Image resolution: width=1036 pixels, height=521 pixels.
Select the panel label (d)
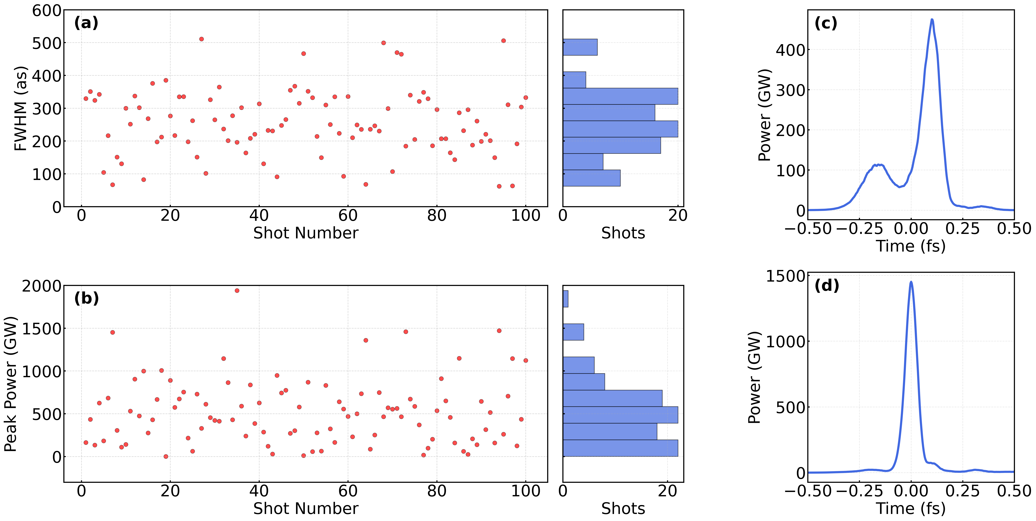click(826, 286)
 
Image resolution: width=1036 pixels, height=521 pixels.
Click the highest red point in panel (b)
click(237, 290)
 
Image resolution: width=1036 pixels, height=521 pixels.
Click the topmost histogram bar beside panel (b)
click(565, 299)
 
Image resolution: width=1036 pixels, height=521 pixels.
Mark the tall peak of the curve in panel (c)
click(932, 20)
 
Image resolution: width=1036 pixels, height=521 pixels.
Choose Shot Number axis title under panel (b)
click(306, 508)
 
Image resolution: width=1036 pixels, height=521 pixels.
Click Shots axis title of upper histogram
click(623, 233)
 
